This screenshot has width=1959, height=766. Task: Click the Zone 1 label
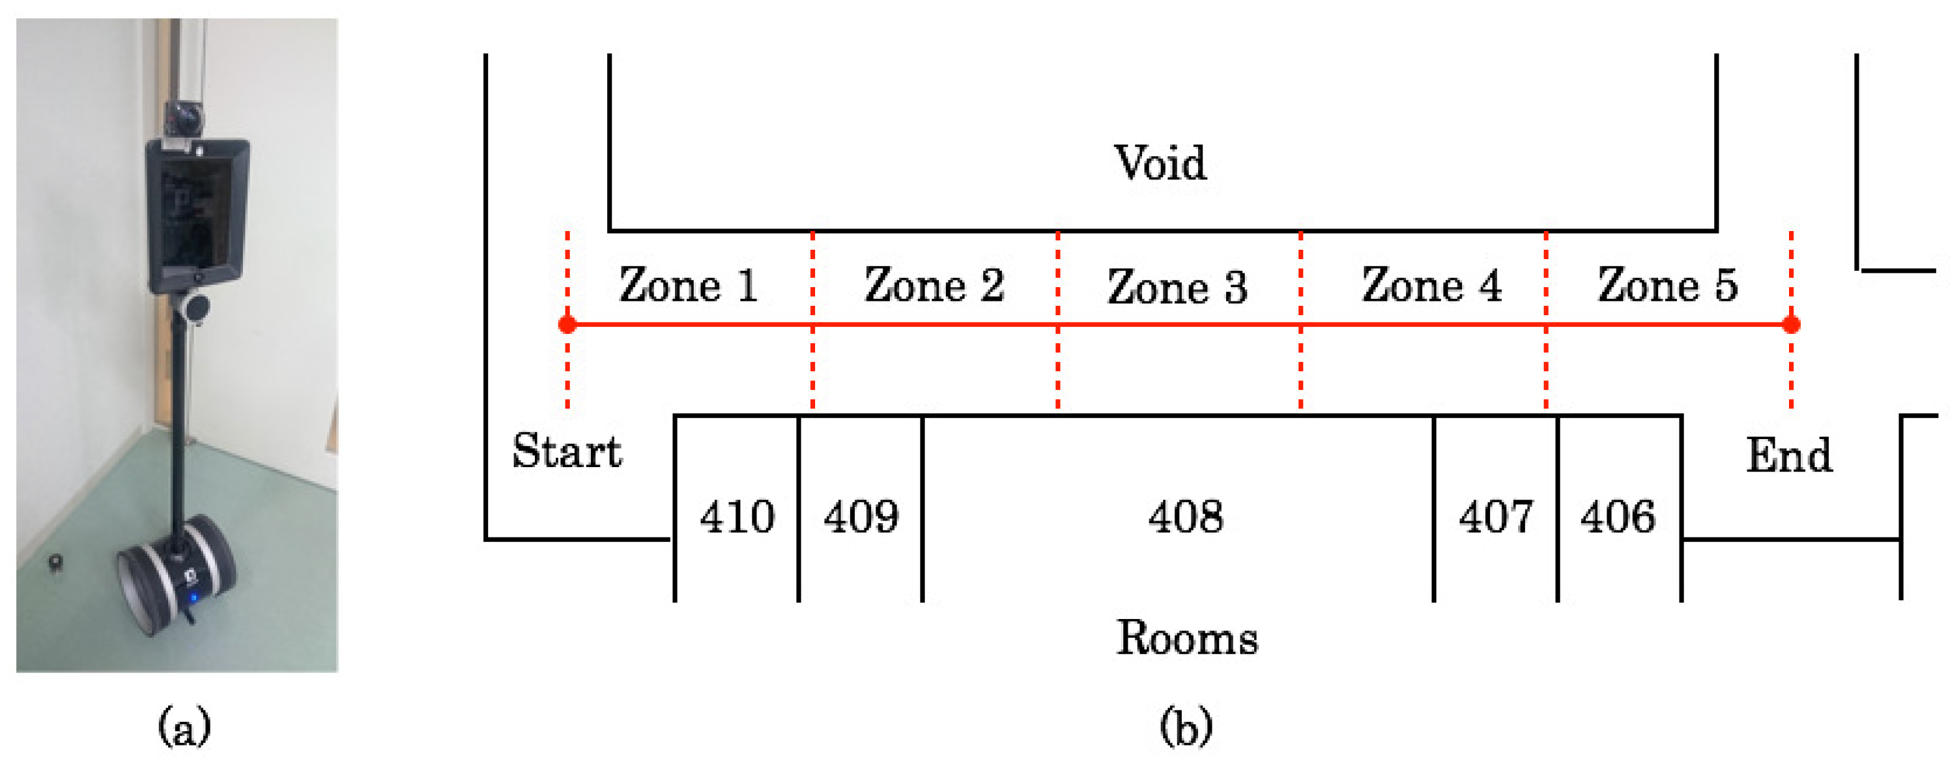coord(688,285)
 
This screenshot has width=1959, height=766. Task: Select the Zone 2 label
coord(934,285)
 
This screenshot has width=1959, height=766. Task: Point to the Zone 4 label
coord(1431,285)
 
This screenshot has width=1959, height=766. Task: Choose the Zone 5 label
coord(1667,285)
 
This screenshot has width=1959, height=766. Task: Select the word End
coord(1788,456)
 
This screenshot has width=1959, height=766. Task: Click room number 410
coord(737,518)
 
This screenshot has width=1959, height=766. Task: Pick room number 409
coord(861,518)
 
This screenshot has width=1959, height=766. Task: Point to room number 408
coord(1186,518)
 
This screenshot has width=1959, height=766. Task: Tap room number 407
coord(1496,518)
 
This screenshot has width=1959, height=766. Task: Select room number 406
coord(1618,518)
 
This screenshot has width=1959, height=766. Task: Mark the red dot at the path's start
coord(567,325)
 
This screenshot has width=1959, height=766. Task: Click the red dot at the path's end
coord(1791,325)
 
